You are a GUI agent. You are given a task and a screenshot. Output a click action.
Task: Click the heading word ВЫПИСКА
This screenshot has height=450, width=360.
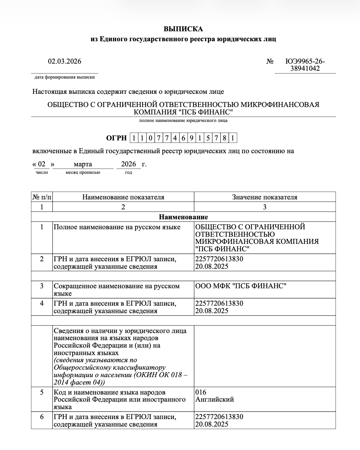[183, 29]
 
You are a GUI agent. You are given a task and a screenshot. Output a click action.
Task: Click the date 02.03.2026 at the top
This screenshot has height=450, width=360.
[64, 61]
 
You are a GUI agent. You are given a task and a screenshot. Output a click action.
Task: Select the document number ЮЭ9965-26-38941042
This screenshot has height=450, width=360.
[305, 65]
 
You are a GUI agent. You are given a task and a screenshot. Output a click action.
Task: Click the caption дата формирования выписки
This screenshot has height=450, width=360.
[64, 77]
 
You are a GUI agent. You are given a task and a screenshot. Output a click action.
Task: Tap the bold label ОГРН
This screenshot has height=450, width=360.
[116, 138]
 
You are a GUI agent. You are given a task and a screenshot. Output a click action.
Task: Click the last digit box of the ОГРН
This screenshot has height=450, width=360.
[233, 138]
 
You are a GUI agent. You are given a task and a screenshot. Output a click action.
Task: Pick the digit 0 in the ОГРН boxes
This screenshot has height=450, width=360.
[151, 138]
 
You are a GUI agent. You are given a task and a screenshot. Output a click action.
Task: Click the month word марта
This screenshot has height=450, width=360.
[83, 164]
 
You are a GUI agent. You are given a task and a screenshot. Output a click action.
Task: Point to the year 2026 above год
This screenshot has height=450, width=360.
[128, 164]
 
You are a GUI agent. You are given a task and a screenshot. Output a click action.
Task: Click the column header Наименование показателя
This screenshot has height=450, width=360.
[123, 197]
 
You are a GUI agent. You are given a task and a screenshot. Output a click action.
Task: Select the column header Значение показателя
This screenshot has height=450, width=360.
[265, 197]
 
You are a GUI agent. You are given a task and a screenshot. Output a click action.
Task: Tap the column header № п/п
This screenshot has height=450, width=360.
[42, 197]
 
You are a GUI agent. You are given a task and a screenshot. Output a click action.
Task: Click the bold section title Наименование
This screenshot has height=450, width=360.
[183, 217]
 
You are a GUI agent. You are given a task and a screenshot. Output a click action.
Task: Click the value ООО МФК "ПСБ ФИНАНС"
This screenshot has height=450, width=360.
[241, 286]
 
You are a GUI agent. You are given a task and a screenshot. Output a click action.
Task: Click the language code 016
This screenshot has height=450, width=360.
[201, 392]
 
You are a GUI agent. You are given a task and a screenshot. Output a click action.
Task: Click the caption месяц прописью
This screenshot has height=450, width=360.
[83, 172]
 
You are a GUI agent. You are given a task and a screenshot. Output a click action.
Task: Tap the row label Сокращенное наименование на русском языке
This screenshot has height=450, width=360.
[116, 289]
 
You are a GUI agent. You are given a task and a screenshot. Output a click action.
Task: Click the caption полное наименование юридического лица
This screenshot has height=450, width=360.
[183, 120]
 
